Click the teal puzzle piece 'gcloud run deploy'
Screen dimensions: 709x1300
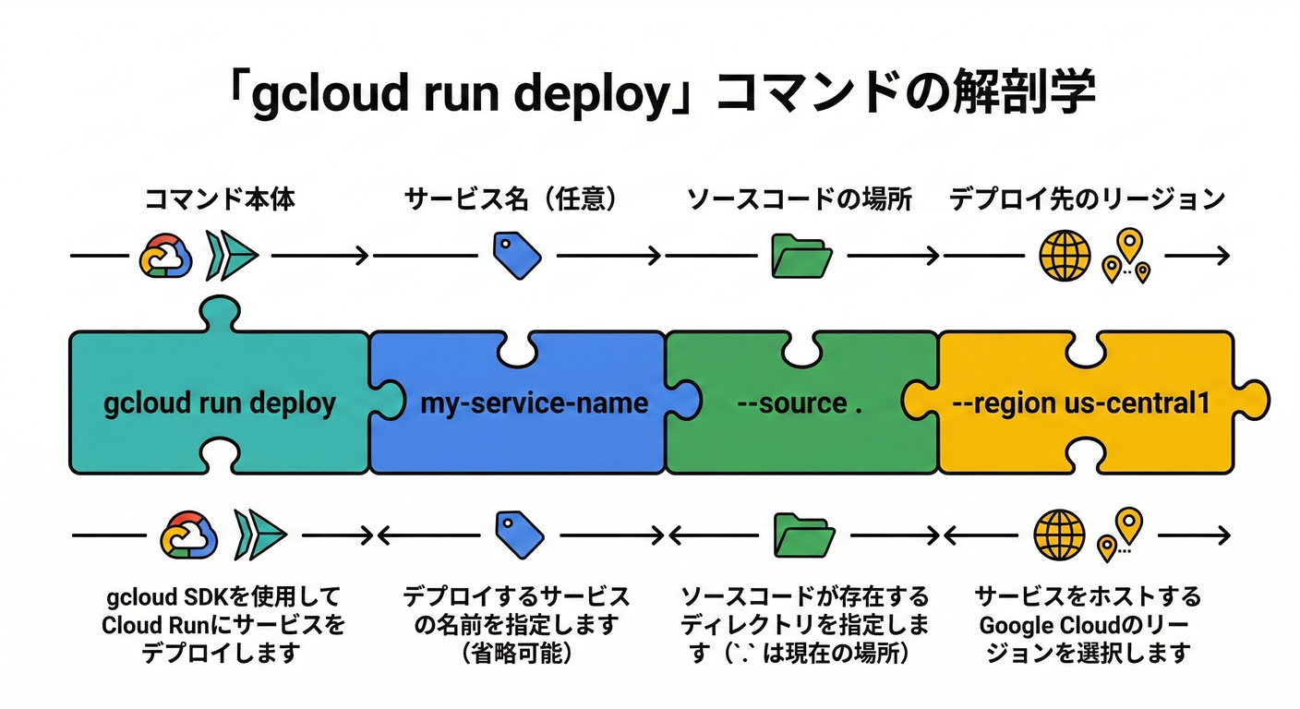pos(220,403)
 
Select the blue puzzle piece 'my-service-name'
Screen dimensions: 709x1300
pos(534,403)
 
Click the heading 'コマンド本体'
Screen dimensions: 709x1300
pos(220,198)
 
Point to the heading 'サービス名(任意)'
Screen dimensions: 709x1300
pos(511,198)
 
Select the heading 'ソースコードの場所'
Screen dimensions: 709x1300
pos(800,198)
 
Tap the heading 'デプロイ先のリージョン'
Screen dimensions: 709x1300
pos(1088,198)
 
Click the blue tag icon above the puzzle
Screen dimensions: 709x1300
pos(516,256)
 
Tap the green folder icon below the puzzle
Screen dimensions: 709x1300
pos(804,534)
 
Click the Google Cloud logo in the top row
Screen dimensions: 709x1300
pos(165,256)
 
